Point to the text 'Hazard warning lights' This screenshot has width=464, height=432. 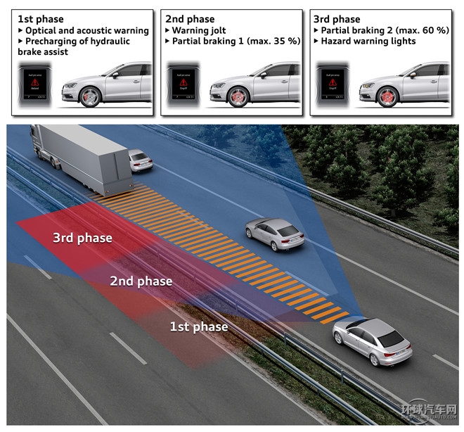[x=368, y=42]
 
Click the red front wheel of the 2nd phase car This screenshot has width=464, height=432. [x=238, y=96]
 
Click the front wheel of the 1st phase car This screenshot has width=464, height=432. [x=89, y=96]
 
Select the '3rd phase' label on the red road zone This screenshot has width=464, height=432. [x=82, y=238]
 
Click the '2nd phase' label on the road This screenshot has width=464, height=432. [x=141, y=281]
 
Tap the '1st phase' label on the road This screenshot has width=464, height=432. [x=200, y=326]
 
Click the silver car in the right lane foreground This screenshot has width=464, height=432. [x=372, y=341]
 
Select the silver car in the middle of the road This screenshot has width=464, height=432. [x=275, y=233]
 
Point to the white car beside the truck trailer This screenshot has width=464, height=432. [x=141, y=160]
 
